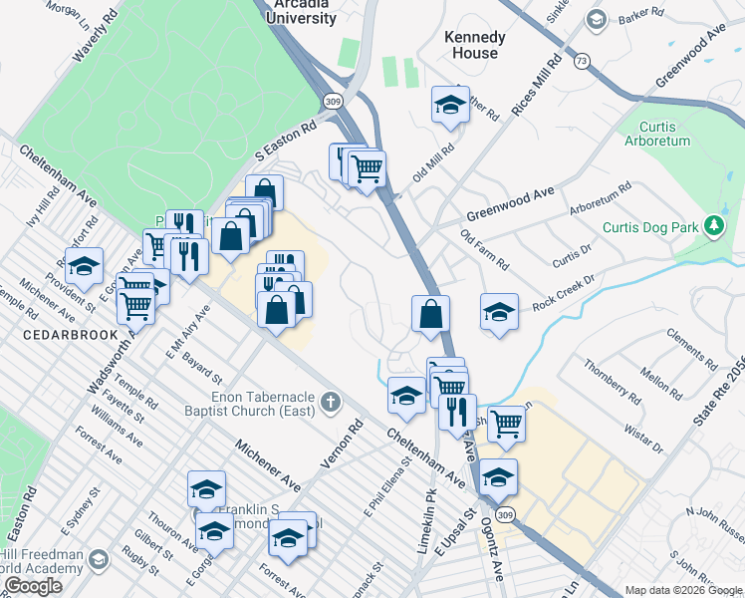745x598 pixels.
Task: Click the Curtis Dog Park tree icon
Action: (x=713, y=226)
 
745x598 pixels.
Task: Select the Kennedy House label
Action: (x=474, y=45)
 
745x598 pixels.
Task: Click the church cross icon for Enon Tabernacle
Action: (x=331, y=403)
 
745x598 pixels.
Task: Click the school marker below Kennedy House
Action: (x=450, y=105)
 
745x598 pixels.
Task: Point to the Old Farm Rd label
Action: (x=485, y=250)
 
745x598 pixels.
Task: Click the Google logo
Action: (x=33, y=586)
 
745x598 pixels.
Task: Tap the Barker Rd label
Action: (x=640, y=14)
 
